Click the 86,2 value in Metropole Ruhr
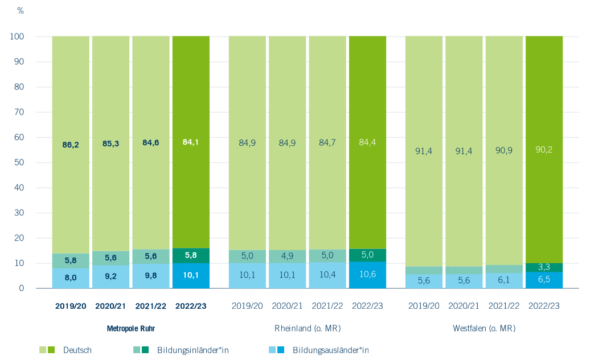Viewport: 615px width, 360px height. coord(71,145)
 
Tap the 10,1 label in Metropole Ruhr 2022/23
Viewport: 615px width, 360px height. coord(191,276)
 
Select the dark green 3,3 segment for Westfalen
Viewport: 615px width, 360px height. coord(544,267)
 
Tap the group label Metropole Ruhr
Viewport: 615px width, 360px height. coord(131,329)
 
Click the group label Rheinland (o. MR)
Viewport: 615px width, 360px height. coord(307,329)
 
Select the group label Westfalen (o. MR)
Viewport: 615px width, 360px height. coord(484,329)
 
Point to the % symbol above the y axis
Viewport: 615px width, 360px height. coord(20,11)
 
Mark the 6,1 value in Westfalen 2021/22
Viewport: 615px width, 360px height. coord(504,281)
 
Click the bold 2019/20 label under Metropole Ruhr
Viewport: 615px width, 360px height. coord(71,306)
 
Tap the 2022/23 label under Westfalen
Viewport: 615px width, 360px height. coord(544,306)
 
